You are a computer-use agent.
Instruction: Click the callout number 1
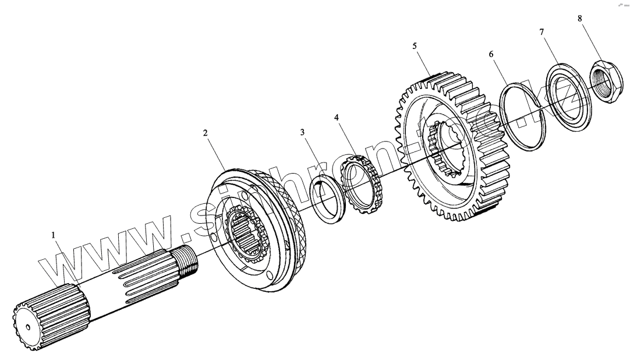pyautogui.click(x=53, y=235)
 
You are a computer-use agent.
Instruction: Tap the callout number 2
pyautogui.click(x=205, y=133)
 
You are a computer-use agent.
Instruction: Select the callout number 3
pyautogui.click(x=302, y=133)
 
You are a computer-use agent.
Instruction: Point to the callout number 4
pyautogui.click(x=337, y=118)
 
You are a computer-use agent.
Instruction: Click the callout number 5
pyautogui.click(x=415, y=45)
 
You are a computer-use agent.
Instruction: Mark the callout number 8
pyautogui.click(x=579, y=18)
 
